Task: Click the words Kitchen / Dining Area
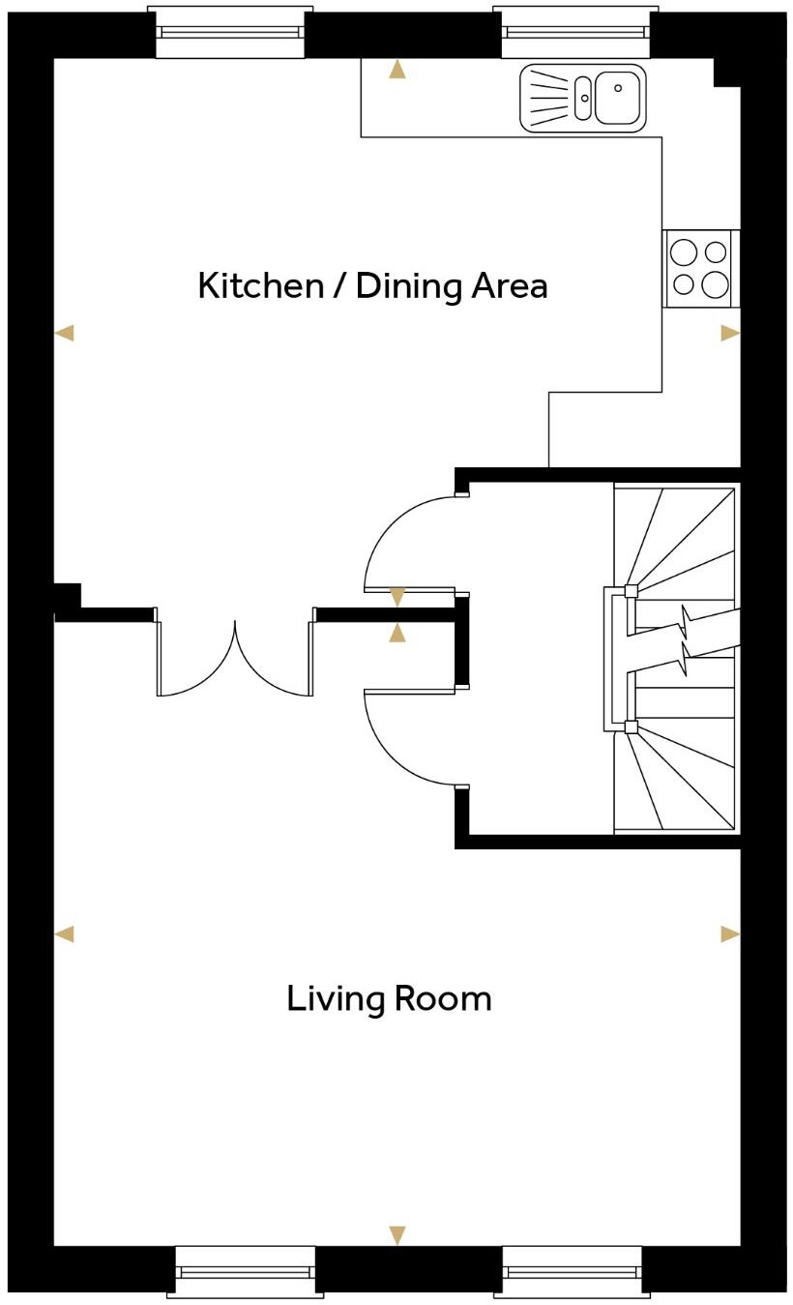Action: (372, 286)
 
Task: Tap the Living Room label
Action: (389, 998)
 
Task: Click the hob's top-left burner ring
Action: (684, 252)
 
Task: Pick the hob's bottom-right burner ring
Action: (716, 284)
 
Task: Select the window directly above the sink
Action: (574, 32)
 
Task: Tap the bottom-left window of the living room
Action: (246, 1271)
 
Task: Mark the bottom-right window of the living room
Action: (573, 1271)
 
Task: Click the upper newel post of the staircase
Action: (631, 591)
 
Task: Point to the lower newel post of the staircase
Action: (631, 727)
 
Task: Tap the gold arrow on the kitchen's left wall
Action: (64, 333)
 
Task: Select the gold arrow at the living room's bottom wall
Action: (396, 1234)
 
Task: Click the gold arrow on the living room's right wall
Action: (729, 934)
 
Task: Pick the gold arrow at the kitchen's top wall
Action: (396, 70)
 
